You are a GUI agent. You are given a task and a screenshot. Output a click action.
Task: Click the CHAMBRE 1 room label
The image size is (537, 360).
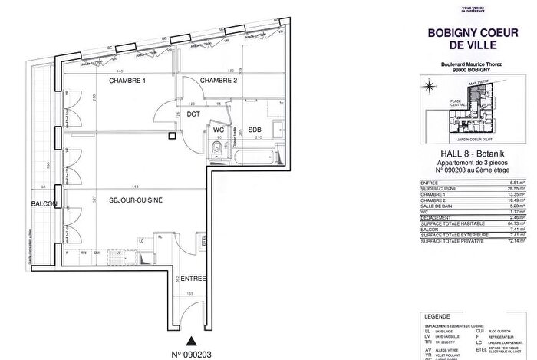127,81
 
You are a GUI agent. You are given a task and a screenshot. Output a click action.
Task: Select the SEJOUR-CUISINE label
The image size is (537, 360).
135,200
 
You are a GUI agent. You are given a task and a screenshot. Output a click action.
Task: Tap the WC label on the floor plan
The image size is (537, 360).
219,129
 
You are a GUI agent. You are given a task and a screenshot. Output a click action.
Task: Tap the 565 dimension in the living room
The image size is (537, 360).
134,187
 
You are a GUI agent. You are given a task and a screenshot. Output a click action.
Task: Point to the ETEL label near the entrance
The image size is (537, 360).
203,240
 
